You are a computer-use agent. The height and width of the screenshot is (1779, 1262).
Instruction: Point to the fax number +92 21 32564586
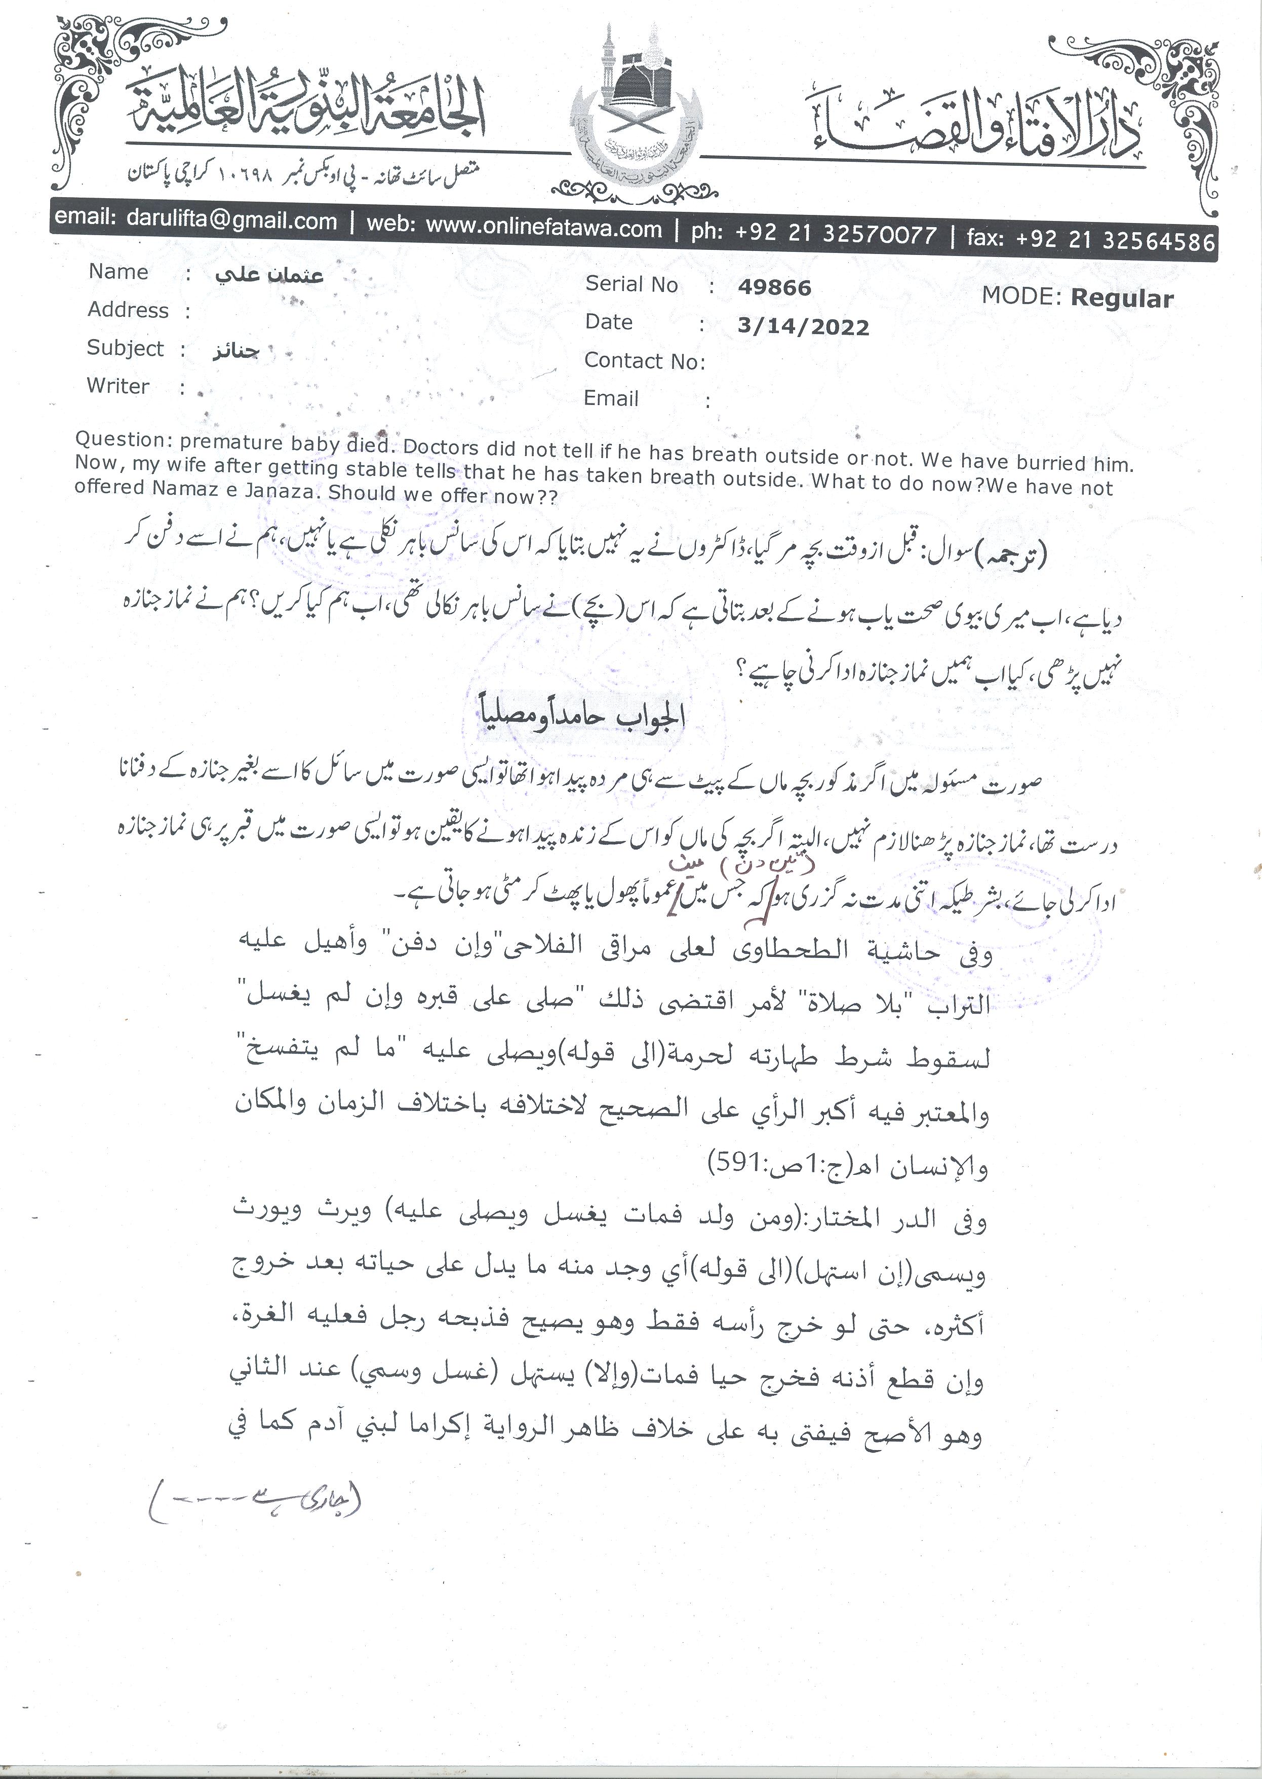coord(1114,239)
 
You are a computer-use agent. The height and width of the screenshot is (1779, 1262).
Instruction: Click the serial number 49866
coord(774,288)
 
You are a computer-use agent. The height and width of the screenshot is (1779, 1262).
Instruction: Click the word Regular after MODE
coord(1121,299)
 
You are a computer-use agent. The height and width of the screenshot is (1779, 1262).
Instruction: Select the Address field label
coord(128,310)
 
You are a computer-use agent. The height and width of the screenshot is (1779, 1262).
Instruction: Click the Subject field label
coord(125,348)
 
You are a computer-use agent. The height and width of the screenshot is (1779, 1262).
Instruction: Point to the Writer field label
coord(118,386)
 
